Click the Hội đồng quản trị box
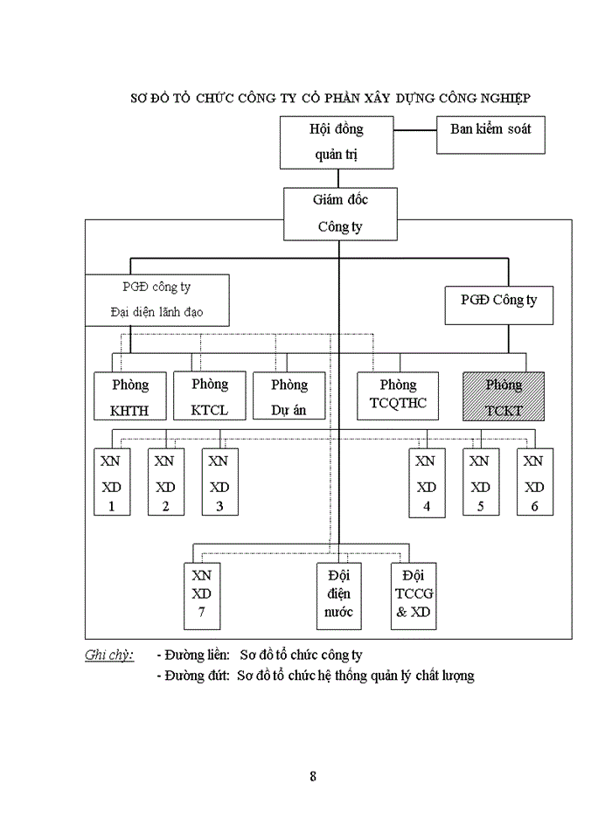click(x=337, y=142)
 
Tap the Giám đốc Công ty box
click(x=340, y=213)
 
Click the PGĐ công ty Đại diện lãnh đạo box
click(x=157, y=299)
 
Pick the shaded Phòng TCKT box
click(x=503, y=395)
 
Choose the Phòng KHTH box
click(x=130, y=396)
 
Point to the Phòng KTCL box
click(x=209, y=395)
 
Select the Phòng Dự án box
click(x=289, y=396)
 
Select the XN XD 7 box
click(x=202, y=596)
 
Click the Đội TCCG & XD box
click(x=414, y=596)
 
